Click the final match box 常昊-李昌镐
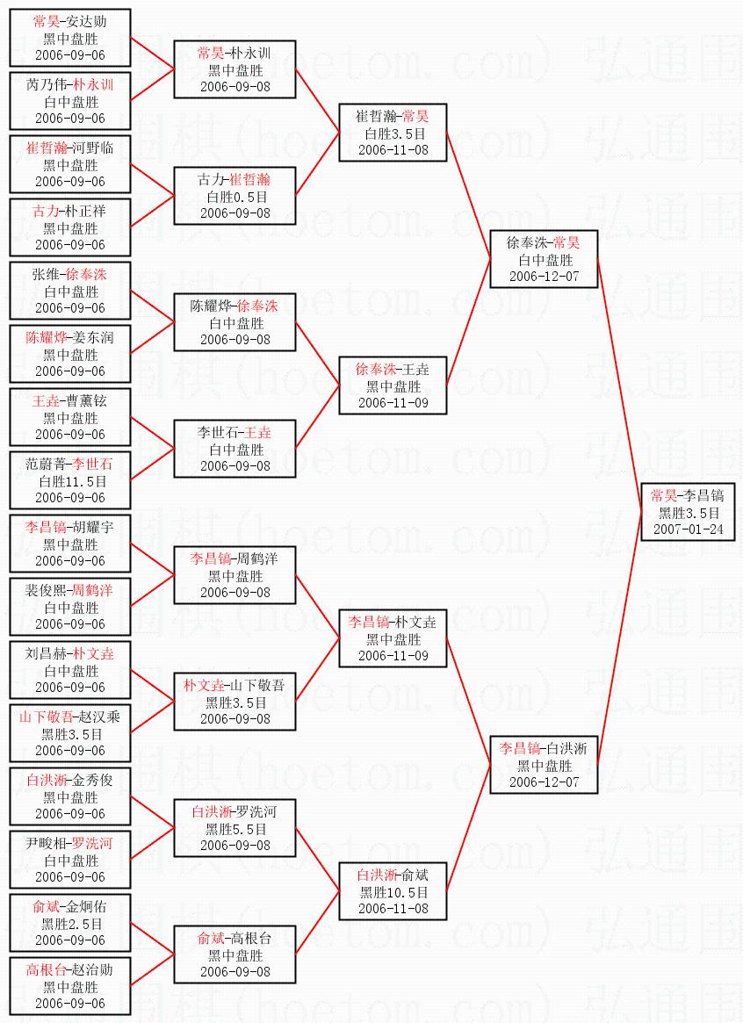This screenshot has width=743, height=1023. (688, 512)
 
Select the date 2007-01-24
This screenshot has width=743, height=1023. (688, 530)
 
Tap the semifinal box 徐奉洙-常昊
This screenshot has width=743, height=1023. (544, 259)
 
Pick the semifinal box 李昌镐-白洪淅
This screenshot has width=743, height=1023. (544, 765)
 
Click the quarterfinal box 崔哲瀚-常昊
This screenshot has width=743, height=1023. (393, 133)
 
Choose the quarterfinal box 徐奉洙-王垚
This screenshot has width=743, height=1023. (393, 385)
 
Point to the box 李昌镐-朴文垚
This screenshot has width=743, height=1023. (393, 638)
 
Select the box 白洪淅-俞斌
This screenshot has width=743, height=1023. (393, 891)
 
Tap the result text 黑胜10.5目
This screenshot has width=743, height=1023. (393, 892)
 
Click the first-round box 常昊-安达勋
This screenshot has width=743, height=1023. (70, 38)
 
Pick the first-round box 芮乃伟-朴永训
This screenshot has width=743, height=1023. (70, 101)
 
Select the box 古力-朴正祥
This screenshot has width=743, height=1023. (70, 227)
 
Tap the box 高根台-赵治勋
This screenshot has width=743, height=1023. (70, 986)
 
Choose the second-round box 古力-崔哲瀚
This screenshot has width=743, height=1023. (234, 196)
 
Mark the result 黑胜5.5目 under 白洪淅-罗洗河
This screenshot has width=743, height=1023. (234, 829)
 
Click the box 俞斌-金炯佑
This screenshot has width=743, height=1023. (70, 923)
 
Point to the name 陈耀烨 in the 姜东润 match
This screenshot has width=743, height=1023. (47, 337)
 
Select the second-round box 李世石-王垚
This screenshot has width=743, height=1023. (234, 449)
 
